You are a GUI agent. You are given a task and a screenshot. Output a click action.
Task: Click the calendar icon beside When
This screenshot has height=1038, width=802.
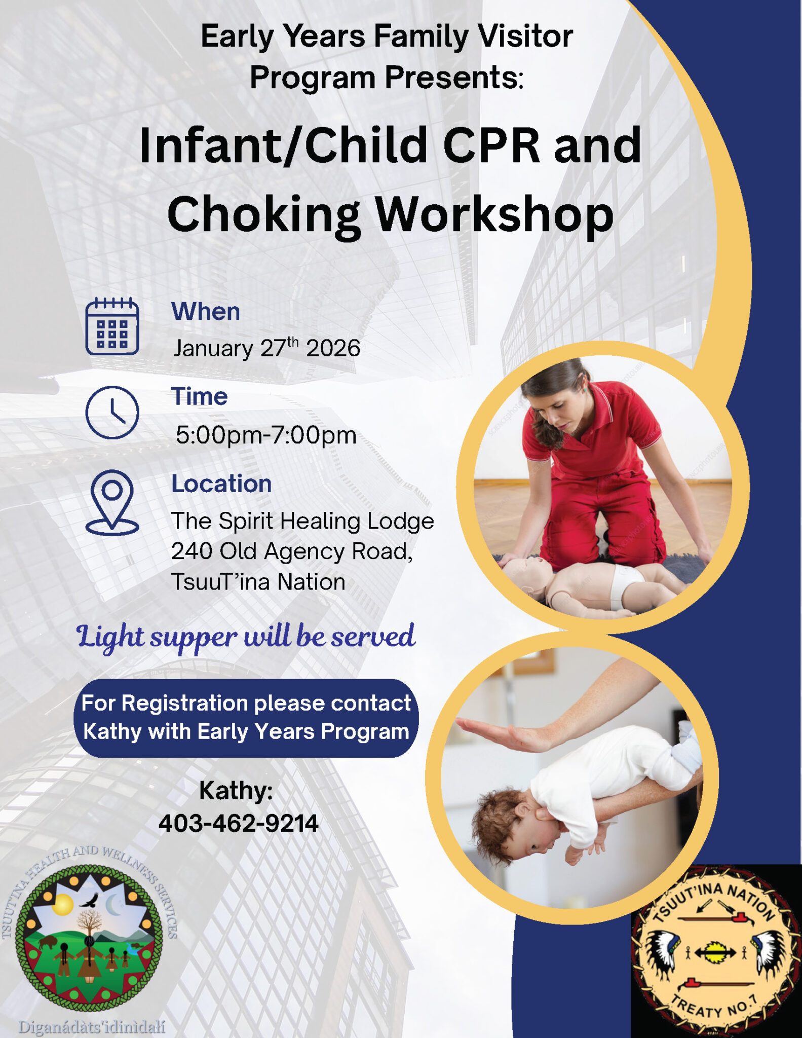click(x=112, y=326)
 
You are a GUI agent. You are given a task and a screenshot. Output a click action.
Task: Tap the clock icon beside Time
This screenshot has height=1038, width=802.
click(x=112, y=412)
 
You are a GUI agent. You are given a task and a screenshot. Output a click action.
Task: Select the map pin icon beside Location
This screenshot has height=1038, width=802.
click(x=112, y=502)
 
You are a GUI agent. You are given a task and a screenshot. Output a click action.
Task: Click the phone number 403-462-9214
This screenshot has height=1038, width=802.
click(x=238, y=823)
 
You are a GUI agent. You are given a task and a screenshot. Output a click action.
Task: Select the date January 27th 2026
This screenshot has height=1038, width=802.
click(x=266, y=348)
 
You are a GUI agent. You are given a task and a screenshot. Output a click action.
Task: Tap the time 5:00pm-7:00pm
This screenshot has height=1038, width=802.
click(x=266, y=435)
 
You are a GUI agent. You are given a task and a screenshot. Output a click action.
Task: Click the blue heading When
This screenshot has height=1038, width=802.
click(x=205, y=311)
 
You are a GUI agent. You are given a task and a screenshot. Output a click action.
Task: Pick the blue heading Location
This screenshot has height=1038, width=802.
click(x=221, y=484)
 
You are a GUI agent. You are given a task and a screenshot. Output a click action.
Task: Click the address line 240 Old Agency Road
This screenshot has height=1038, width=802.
click(x=292, y=551)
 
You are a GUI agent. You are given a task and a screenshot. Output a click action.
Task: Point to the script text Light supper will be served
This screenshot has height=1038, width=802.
click(x=246, y=637)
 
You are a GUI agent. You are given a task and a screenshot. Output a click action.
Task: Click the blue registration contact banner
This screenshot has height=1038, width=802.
click(x=246, y=718)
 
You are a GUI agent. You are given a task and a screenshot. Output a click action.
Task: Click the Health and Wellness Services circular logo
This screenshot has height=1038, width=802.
click(x=89, y=936)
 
